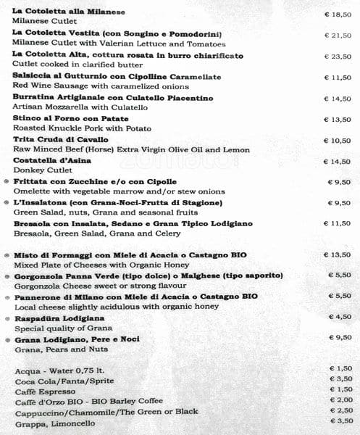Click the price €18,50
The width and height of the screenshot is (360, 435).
coord(337,14)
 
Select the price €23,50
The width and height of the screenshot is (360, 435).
coord(337,57)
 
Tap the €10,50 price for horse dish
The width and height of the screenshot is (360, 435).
coord(337,141)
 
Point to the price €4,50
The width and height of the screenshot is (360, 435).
coord(340,317)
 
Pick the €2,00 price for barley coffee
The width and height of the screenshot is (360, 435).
coord(340,399)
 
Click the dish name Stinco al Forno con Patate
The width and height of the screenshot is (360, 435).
coord(71,118)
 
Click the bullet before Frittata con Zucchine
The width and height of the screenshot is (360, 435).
coord(7,182)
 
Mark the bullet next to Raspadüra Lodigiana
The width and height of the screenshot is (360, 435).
coord(7,319)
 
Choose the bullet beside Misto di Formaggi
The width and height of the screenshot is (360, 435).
coord(7,255)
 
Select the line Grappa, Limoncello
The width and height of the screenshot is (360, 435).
coord(54,423)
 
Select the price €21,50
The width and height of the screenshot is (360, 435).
coord(337,36)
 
